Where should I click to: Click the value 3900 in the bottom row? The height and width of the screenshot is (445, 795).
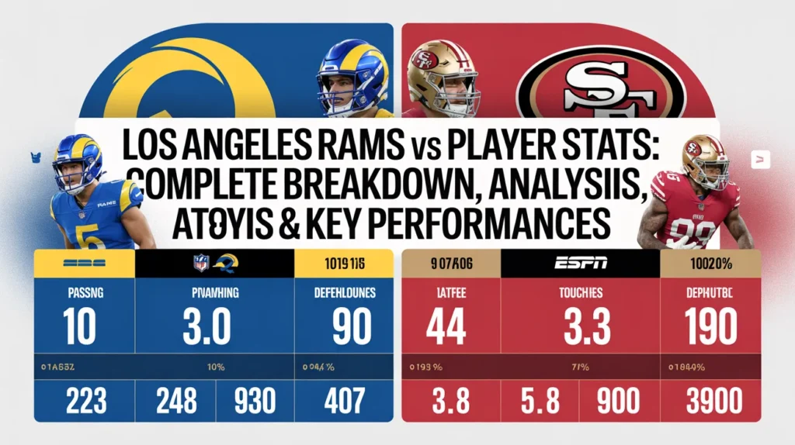click(714, 402)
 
